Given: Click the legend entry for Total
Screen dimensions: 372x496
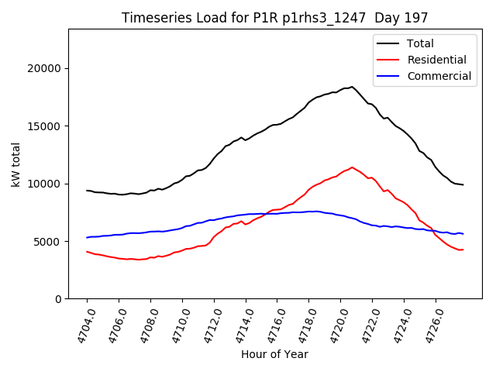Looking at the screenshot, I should click(420, 43).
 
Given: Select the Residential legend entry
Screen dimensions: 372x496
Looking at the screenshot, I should click(436, 60).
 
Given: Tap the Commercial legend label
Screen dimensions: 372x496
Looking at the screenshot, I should click(439, 76).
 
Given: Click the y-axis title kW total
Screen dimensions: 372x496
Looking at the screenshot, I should click(15, 164).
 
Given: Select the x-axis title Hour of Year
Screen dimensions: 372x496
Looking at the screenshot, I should click(274, 355).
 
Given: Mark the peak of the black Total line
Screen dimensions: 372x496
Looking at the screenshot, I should click(352, 87).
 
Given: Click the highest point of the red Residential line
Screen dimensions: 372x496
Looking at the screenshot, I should click(352, 167).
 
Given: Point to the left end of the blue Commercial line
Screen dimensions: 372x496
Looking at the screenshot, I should click(87, 237).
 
